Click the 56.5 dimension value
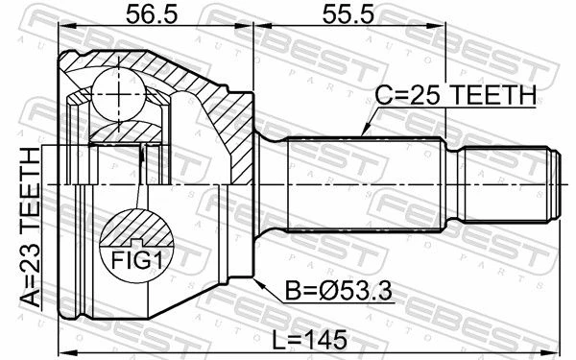(152, 14)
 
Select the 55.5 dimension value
(348, 14)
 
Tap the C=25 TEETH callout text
(455, 95)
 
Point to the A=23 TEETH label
(31, 228)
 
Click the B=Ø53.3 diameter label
(339, 292)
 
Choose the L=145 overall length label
(309, 340)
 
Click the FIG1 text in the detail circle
(136, 260)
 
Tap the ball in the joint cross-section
(118, 94)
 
